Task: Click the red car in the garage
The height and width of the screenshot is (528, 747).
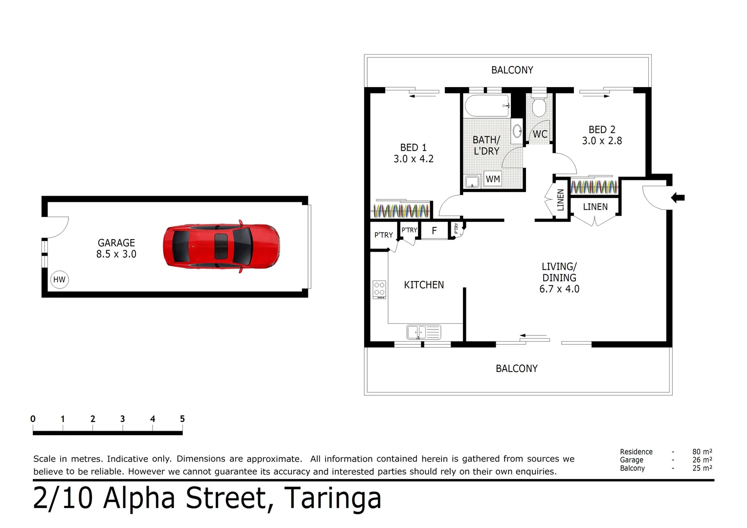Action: (221, 246)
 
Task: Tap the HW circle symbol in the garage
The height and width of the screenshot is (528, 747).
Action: (59, 280)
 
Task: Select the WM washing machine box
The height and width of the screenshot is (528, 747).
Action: (493, 179)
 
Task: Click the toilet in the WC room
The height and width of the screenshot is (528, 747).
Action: (539, 107)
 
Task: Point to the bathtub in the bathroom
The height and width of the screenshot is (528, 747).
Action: (487, 106)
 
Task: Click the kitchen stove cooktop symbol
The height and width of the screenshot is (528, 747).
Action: (379, 289)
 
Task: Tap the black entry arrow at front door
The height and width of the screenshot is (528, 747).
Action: (678, 198)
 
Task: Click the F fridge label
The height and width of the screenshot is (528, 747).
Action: (434, 231)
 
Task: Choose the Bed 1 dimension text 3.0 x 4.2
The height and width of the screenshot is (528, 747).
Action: (414, 159)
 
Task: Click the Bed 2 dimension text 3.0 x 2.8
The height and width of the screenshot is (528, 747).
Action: (602, 141)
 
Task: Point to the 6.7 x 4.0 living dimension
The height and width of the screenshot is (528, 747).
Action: (559, 289)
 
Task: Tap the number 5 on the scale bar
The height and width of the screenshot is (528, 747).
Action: (182, 419)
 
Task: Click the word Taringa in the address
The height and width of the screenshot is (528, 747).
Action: (332, 498)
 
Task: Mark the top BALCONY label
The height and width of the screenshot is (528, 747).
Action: (512, 70)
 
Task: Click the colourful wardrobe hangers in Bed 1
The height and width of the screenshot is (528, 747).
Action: (401, 211)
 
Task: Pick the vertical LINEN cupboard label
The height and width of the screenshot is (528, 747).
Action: (561, 199)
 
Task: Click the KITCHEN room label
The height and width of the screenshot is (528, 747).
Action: (424, 285)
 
